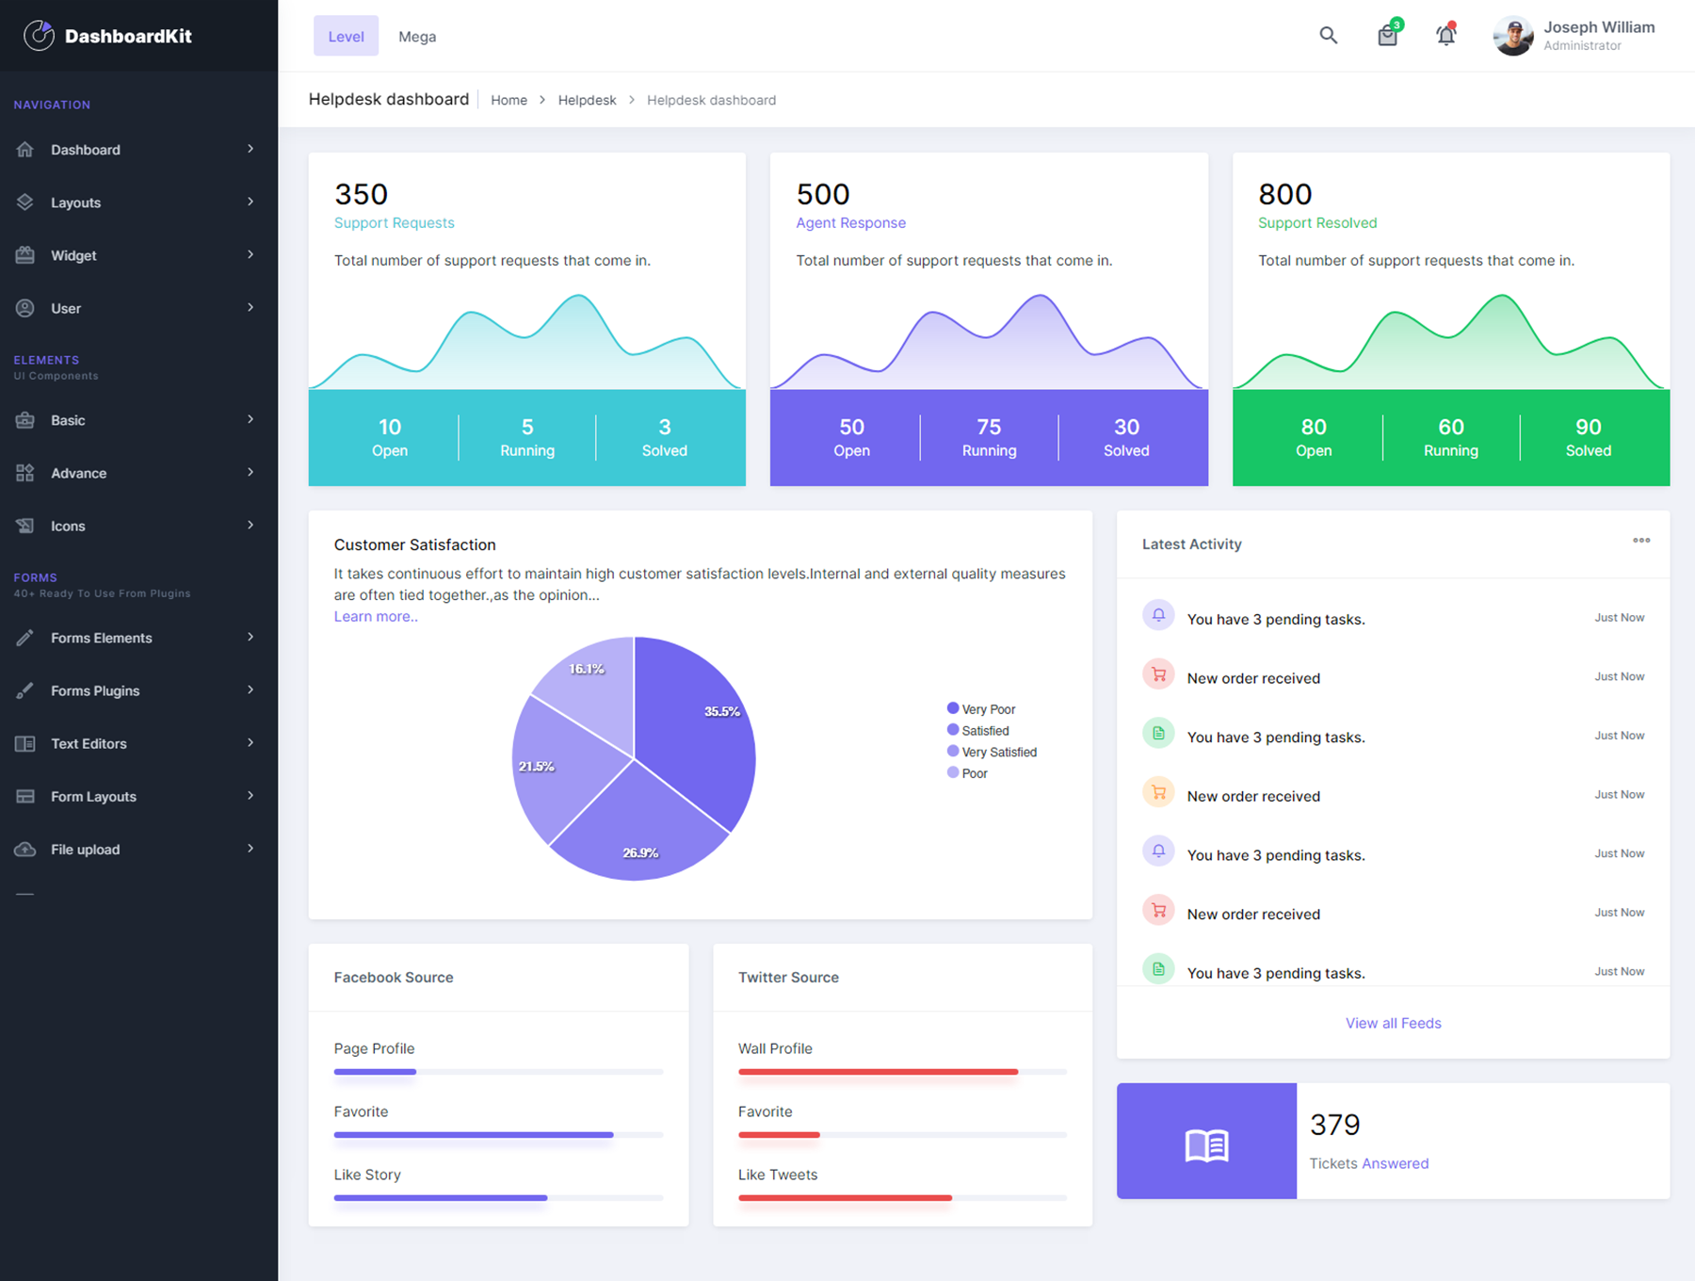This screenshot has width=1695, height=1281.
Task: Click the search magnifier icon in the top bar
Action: click(x=1328, y=36)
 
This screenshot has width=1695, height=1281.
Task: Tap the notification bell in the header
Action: click(x=1445, y=36)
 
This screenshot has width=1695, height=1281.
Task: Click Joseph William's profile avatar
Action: click(x=1513, y=37)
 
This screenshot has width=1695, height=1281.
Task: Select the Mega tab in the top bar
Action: click(x=416, y=37)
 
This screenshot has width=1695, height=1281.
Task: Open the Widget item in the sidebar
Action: click(x=73, y=255)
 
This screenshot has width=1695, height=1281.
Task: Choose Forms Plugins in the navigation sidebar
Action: click(x=95, y=690)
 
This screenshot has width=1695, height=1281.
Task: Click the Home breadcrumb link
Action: click(x=508, y=100)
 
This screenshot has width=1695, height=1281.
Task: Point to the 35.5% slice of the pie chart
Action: click(x=697, y=735)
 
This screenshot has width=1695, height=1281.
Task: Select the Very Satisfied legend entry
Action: click(x=998, y=752)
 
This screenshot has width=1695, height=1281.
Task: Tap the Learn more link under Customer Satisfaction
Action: click(x=376, y=616)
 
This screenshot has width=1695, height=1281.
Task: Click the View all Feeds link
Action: click(x=1393, y=1023)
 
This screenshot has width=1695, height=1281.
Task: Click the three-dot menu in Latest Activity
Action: click(x=1641, y=541)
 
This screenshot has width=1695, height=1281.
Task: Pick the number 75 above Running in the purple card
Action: click(x=989, y=427)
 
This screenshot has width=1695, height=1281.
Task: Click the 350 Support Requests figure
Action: click(x=362, y=194)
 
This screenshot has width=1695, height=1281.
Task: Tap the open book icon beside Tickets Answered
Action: click(x=1206, y=1144)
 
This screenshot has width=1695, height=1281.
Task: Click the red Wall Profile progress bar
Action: click(x=878, y=1072)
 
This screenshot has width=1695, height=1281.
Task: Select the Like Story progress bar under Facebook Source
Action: click(x=441, y=1198)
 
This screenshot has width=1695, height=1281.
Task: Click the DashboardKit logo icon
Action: click(x=39, y=36)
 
